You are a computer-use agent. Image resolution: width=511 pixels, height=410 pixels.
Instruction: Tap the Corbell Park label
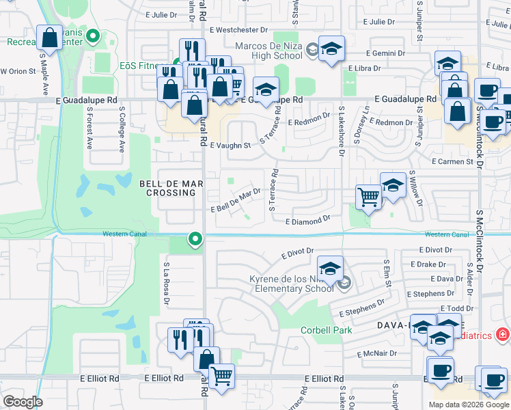coord(327,330)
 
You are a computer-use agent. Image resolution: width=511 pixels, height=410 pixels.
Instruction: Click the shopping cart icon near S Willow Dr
coord(369,197)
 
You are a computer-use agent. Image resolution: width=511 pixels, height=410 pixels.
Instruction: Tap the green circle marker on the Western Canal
coord(195,239)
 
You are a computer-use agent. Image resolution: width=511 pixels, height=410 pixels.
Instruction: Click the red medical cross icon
coord(503,334)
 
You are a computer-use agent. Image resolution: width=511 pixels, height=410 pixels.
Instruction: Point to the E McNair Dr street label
coord(376,354)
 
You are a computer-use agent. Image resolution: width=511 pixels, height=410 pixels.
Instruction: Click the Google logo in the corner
coord(22,402)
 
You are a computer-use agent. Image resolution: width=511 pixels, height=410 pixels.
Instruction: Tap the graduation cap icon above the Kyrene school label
coord(330,268)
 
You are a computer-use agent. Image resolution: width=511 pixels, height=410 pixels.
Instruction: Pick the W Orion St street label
coord(18,71)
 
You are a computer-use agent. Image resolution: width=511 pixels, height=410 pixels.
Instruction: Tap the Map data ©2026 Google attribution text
coord(468,405)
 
